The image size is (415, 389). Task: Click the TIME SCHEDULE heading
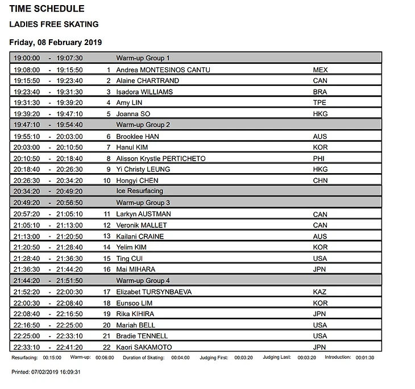point(47,9)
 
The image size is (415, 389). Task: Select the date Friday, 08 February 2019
point(56,43)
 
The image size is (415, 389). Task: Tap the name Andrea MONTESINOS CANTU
point(163,69)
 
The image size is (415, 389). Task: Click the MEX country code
point(321,69)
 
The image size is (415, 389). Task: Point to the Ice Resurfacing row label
point(139,191)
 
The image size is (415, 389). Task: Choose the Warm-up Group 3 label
point(143,203)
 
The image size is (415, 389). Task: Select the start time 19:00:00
point(27,58)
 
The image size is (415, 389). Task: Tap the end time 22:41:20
point(69,347)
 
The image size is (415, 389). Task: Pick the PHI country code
point(318,158)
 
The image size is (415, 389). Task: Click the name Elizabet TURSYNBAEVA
point(153,292)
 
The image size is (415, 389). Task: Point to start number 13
point(106,236)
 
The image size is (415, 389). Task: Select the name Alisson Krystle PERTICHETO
point(161,158)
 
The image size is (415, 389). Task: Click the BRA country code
point(320,92)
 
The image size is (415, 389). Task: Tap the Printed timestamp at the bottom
point(46,371)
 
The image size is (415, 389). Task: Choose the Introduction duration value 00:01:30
point(364,358)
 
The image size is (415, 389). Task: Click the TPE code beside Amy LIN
point(319,103)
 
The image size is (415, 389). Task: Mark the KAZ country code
point(319,292)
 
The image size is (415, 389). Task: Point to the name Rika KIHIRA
point(135,314)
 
